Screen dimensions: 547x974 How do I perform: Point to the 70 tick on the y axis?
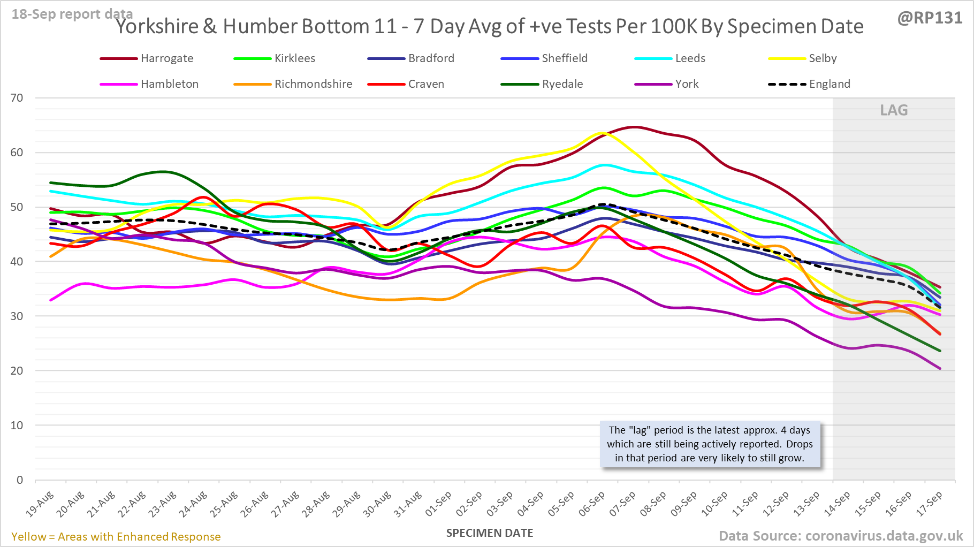pyautogui.click(x=17, y=98)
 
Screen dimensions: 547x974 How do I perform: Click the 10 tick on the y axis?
pyautogui.click(x=17, y=426)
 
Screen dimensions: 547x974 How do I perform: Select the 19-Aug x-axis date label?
pyautogui.click(x=41, y=504)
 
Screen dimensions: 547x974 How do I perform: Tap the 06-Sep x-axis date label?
pyautogui.click(x=592, y=504)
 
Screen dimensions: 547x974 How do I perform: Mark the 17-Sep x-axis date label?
pyautogui.click(x=930, y=504)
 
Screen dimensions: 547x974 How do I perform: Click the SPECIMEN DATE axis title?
pyautogui.click(x=490, y=533)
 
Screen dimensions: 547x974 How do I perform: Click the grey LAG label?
pyautogui.click(x=894, y=110)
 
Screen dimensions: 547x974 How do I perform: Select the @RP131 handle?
pyautogui.click(x=930, y=18)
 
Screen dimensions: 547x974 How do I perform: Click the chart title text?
pyautogui.click(x=490, y=27)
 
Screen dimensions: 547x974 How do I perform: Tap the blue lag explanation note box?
pyautogui.click(x=710, y=444)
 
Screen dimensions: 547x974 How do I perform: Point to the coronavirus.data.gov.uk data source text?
pyautogui.click(x=840, y=536)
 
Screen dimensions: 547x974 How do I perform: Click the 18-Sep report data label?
pyautogui.click(x=72, y=14)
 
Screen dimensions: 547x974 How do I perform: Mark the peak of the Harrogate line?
pyautogui.click(x=634, y=127)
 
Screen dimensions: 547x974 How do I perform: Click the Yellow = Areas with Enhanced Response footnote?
pyautogui.click(x=116, y=537)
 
